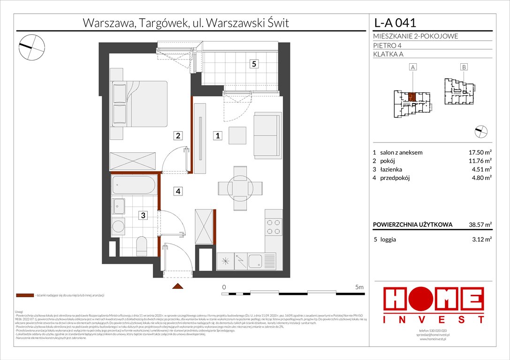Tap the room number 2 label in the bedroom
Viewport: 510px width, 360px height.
pos(178,136)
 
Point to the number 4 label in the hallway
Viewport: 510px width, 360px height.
pos(178,191)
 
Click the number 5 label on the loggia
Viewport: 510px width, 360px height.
pos(253,65)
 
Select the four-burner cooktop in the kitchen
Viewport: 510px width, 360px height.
pos(274,227)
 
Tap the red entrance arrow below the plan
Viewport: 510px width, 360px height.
pos(177,286)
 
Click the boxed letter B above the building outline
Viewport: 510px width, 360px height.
pos(464,67)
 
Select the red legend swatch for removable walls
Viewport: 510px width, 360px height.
pos(24,296)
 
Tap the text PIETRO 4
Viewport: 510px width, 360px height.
pos(388,45)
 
